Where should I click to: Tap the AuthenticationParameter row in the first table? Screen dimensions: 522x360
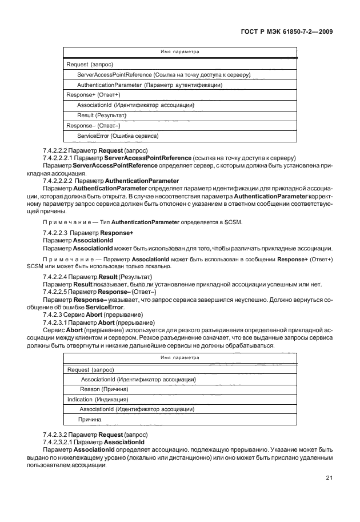[150, 85]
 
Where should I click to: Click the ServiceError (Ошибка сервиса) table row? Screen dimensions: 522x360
[118, 136]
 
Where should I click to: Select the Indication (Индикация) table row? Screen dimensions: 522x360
[98, 399]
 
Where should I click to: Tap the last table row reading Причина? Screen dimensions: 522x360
[90, 420]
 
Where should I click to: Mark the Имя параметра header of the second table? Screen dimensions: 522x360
[179, 357]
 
